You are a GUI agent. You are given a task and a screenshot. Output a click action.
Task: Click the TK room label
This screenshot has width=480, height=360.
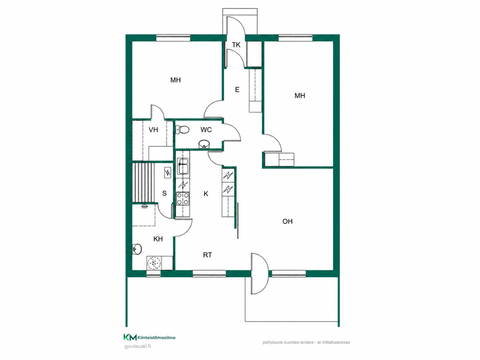(x=236, y=45)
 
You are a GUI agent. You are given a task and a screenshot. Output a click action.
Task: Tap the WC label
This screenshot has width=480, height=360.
(x=206, y=130)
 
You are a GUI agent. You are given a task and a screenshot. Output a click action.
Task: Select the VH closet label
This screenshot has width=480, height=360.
(x=153, y=130)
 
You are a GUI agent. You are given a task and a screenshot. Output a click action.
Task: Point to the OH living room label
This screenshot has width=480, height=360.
(x=287, y=221)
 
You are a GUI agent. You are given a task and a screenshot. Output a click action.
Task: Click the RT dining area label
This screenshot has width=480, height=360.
(x=208, y=255)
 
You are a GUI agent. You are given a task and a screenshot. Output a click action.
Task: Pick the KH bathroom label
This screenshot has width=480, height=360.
(x=158, y=239)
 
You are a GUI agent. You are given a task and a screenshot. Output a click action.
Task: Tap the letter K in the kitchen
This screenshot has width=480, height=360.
(x=206, y=194)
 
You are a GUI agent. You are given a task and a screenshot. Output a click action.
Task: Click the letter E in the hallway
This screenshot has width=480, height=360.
(x=237, y=90)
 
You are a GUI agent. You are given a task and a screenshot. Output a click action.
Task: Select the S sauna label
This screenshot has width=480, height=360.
(x=164, y=194)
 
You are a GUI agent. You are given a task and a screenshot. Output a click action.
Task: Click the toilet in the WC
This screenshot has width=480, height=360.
(x=182, y=130)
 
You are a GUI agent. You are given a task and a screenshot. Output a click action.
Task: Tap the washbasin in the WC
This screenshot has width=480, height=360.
(x=204, y=144)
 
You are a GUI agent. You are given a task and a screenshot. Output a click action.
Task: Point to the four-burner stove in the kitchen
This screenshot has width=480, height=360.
(x=183, y=199)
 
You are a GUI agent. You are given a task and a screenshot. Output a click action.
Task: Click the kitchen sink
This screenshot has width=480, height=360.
(x=183, y=166)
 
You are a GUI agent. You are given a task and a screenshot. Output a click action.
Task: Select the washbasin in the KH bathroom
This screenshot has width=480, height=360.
(x=137, y=249)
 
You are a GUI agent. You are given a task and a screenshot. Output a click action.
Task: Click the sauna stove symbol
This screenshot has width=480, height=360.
(x=168, y=173)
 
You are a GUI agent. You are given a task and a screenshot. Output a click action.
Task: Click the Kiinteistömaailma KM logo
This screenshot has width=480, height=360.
(x=150, y=337)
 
